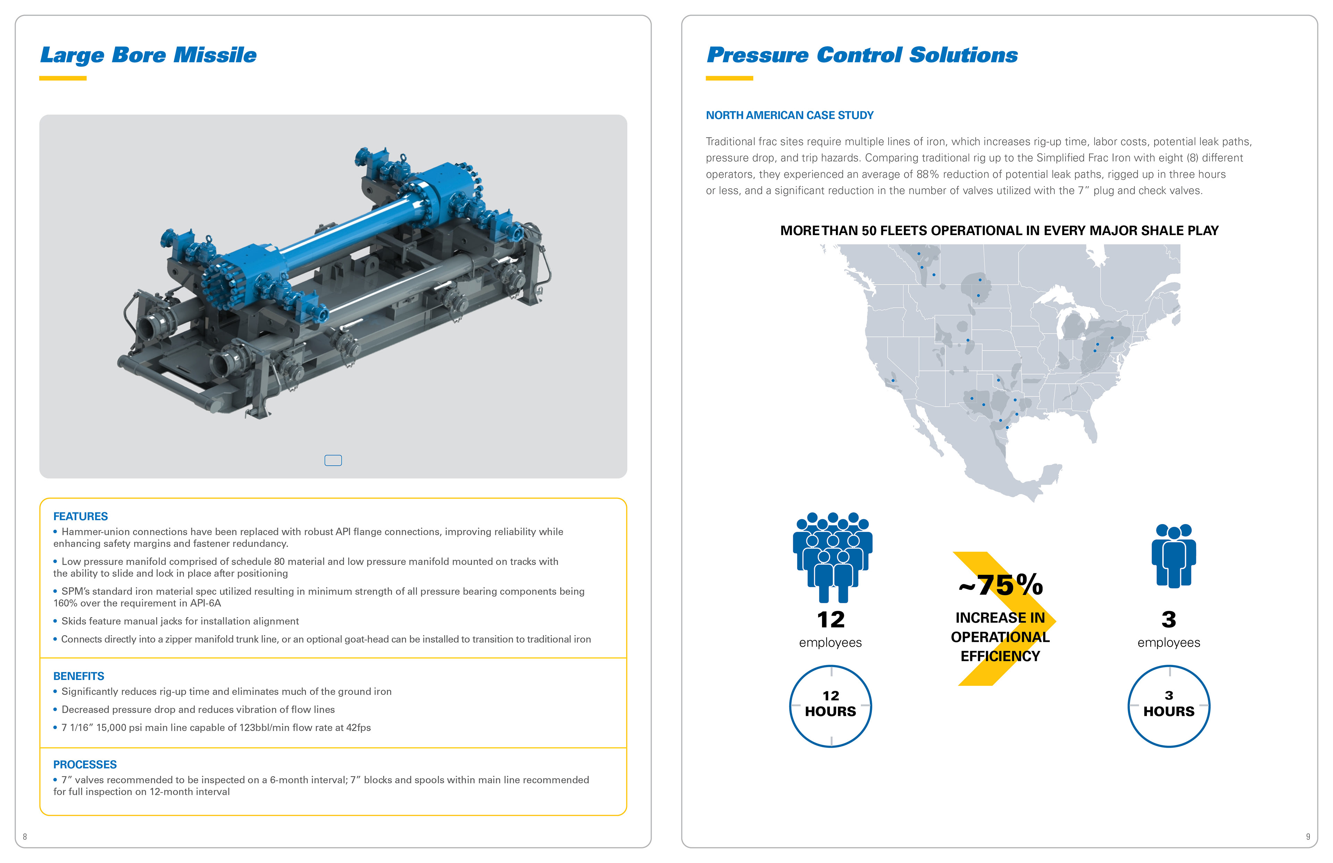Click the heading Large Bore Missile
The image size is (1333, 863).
[x=149, y=55]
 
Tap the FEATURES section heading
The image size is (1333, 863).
[x=81, y=516]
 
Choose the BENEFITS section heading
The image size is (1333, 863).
[x=78, y=676]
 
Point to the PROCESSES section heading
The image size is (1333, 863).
[x=85, y=764]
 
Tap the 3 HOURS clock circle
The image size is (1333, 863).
[x=1168, y=706]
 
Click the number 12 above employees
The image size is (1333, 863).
[x=831, y=619]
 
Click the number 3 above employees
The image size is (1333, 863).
[x=1169, y=619]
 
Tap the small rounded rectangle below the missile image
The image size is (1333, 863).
[x=333, y=460]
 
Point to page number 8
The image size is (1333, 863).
[x=25, y=837]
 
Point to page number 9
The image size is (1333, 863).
[x=1308, y=837]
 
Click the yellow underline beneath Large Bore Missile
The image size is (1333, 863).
[x=63, y=78]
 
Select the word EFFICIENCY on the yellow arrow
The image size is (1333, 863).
[x=1000, y=656]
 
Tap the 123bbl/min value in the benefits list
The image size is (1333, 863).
[x=265, y=727]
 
